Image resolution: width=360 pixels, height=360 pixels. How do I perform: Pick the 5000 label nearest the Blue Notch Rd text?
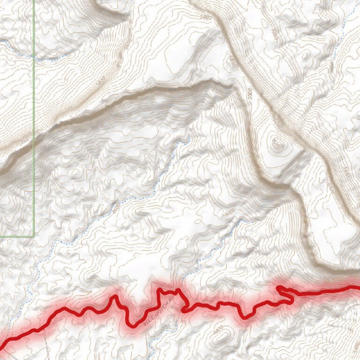point(229,214)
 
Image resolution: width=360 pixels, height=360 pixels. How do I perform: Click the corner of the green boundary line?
point(34,236)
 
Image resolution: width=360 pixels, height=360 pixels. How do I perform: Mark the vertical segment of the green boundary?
point(34,117)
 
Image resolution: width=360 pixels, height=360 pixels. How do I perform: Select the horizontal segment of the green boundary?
point(17,236)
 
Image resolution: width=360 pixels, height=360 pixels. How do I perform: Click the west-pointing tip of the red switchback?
point(278,287)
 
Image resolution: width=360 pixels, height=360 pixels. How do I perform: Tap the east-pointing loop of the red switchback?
point(293,299)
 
